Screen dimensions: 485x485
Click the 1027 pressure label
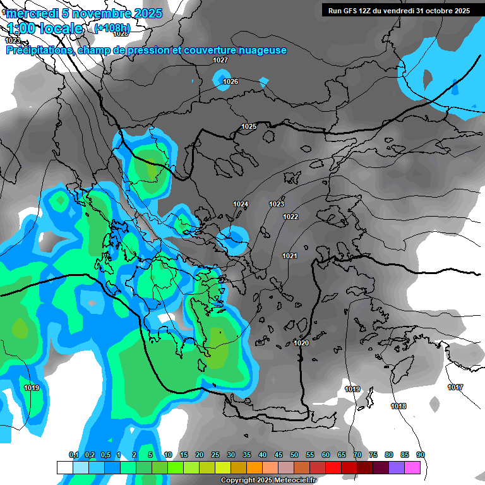click(x=220, y=60)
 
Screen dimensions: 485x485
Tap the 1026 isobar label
click(x=231, y=82)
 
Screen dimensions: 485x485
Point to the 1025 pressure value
click(x=249, y=127)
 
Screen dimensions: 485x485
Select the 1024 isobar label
click(x=241, y=204)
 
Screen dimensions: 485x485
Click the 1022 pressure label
click(x=290, y=217)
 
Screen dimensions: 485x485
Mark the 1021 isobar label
click(x=289, y=256)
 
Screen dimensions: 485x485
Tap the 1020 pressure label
click(x=301, y=343)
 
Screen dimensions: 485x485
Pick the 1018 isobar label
click(x=398, y=406)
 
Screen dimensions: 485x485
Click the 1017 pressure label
click(x=455, y=387)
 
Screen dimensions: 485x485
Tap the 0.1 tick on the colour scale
click(x=73, y=455)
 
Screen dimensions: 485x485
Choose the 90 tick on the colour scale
click(x=420, y=455)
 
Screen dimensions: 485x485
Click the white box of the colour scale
click(x=64, y=467)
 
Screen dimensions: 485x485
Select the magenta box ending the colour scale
click(x=412, y=467)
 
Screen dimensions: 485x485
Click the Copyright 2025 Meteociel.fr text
click(x=268, y=481)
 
